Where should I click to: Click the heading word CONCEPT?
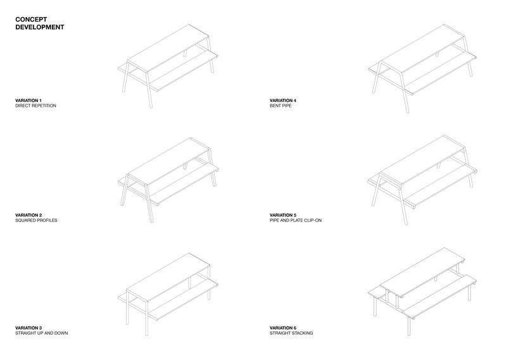(x=31, y=20)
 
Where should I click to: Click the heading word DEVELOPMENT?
(x=40, y=27)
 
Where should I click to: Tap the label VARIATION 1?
(x=28, y=101)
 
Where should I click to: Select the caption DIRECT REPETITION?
(x=35, y=106)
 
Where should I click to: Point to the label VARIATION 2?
(x=28, y=215)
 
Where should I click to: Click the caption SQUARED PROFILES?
(x=36, y=220)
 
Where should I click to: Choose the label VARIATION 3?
(x=28, y=328)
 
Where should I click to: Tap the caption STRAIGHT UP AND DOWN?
(x=42, y=333)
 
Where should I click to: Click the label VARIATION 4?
(x=283, y=101)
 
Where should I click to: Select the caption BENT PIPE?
(x=280, y=106)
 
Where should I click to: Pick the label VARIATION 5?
(x=283, y=215)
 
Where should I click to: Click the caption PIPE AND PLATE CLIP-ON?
(x=296, y=220)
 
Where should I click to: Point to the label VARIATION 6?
(x=283, y=328)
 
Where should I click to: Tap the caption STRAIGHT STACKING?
(x=291, y=333)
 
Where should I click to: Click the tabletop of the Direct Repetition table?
(x=168, y=48)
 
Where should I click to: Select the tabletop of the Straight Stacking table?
(x=422, y=272)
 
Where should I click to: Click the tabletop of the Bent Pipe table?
(x=422, y=48)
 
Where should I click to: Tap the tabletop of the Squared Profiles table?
(x=168, y=162)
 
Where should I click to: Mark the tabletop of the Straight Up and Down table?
(x=168, y=277)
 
